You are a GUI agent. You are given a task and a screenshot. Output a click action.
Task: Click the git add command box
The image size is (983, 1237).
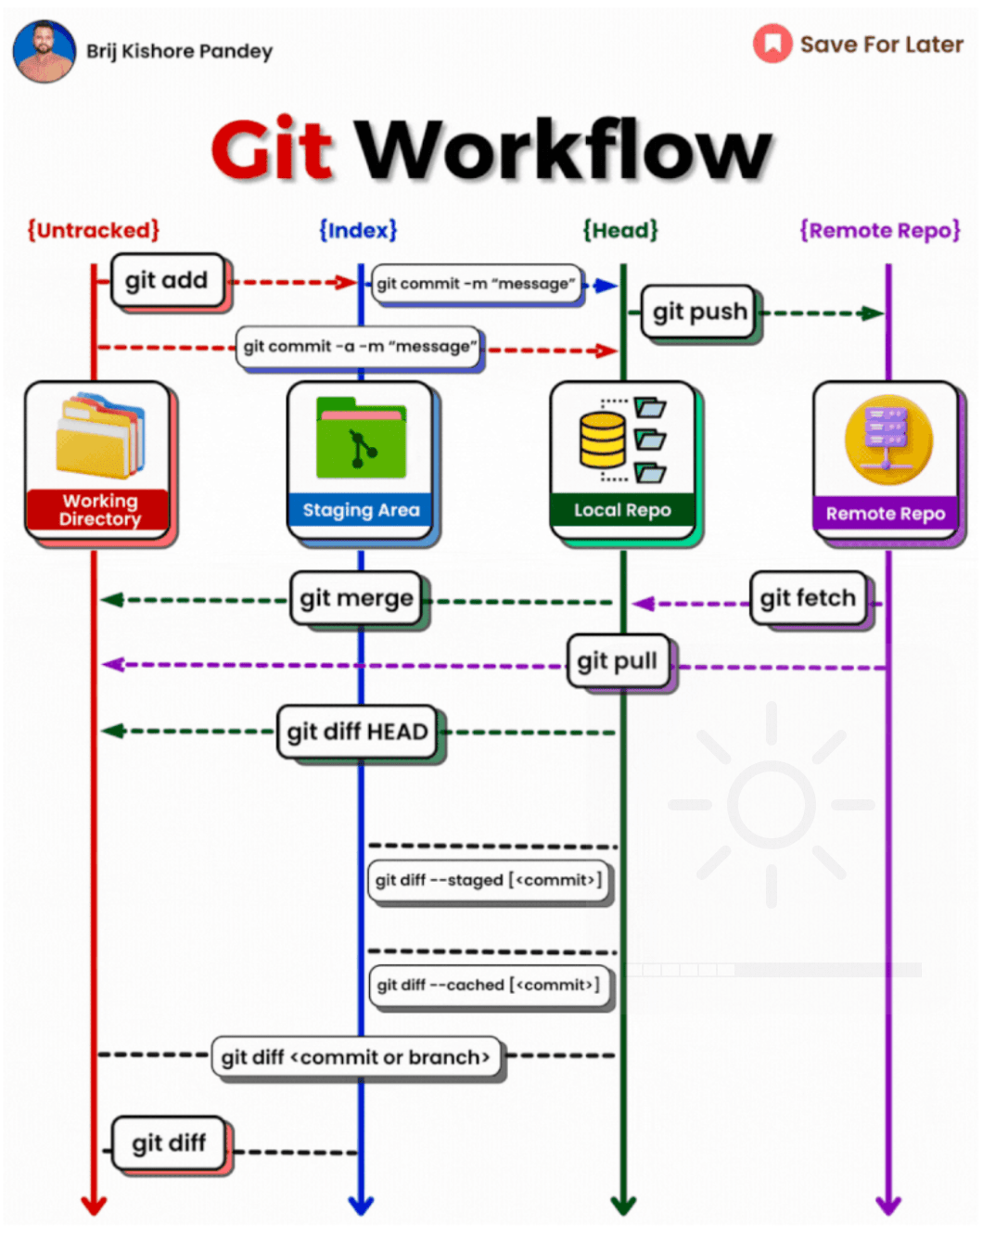click(x=167, y=280)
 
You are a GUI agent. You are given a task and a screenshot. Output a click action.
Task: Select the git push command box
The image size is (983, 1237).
click(x=699, y=312)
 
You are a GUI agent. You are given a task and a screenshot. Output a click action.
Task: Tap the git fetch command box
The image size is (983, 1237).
click(x=808, y=598)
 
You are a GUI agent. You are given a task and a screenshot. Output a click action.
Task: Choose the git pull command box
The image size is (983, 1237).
click(x=618, y=661)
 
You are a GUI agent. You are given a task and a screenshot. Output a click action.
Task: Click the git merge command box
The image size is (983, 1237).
click(x=356, y=599)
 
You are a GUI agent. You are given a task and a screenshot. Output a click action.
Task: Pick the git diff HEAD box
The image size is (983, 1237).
click(x=357, y=732)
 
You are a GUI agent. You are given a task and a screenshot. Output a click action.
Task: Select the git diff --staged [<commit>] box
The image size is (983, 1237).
click(x=489, y=880)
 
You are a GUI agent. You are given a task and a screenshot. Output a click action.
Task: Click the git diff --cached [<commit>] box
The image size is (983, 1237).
click(x=489, y=985)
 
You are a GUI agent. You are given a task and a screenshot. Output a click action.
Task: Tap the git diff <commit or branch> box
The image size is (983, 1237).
click(x=355, y=1057)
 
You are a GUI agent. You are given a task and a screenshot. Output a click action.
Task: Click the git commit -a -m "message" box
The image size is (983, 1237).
click(x=359, y=347)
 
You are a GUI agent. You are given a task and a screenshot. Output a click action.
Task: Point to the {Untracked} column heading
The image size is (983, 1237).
click(x=93, y=230)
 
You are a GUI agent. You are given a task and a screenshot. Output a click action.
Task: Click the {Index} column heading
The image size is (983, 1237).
click(x=358, y=230)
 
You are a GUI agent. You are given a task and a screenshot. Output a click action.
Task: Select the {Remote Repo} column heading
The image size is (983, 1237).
click(x=880, y=230)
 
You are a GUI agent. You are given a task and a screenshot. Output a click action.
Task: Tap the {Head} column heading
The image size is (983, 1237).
click(x=620, y=230)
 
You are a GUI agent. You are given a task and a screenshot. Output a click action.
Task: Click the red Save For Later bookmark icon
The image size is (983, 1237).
click(x=772, y=44)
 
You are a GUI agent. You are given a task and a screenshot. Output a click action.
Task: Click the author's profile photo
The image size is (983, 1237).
click(x=44, y=51)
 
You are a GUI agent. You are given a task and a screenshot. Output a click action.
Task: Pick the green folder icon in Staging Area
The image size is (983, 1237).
click(x=361, y=439)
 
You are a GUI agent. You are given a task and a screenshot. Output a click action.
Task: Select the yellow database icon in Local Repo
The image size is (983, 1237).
click(x=603, y=440)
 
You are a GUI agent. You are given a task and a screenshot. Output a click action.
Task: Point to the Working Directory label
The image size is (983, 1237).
click(x=99, y=510)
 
